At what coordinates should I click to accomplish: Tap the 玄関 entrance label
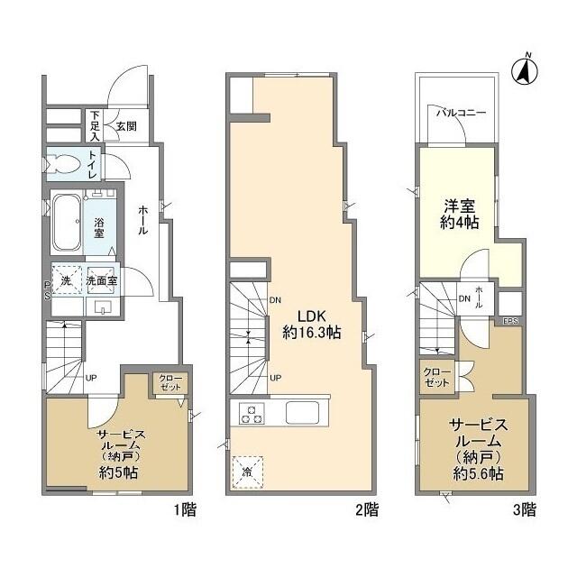point(125,127)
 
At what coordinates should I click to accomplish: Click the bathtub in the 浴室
point(65,222)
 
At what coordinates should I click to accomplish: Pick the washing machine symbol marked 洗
point(66,280)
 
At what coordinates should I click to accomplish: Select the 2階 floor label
point(365,509)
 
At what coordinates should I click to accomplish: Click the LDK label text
point(298,316)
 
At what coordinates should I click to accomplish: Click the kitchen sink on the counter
point(304,412)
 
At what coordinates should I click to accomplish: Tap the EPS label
point(510,320)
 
